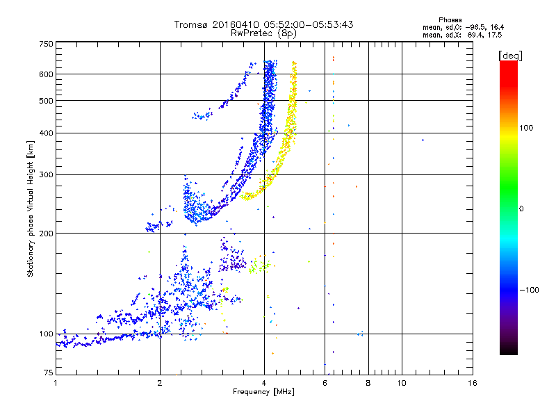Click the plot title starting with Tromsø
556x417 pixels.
tap(263, 24)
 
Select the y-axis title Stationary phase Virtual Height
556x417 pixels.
tap(31, 208)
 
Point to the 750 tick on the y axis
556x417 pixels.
tap(45, 43)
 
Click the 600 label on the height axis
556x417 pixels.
tap(45, 74)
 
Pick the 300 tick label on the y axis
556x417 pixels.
tap(45, 174)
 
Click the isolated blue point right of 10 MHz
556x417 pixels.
tap(423, 140)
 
